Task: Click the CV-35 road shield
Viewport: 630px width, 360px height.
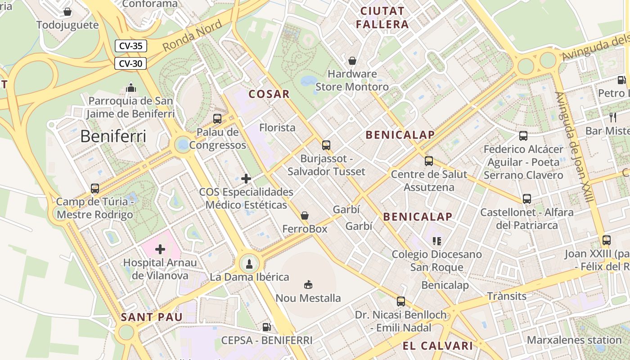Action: [131, 46]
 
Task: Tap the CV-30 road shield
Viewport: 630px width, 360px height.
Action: [131, 63]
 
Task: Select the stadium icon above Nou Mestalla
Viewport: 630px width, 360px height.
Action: [308, 284]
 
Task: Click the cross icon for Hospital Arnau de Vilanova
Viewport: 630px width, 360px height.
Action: [160, 249]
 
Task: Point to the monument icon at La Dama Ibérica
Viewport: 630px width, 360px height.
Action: [249, 264]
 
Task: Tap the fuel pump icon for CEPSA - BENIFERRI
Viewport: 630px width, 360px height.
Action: [267, 327]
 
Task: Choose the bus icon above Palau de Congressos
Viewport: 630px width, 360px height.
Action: [217, 119]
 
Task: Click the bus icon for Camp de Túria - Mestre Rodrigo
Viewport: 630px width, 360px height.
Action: [95, 189]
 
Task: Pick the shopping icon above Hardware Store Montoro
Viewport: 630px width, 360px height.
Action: [352, 60]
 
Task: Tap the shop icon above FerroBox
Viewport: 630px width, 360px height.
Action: [305, 216]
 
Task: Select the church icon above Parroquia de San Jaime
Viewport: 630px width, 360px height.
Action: [131, 87]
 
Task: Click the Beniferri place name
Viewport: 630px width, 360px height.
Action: [113, 136]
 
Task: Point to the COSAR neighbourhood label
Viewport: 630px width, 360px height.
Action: [269, 94]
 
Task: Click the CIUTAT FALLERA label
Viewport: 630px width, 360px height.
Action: [382, 18]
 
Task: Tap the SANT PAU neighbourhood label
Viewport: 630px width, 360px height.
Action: [152, 317]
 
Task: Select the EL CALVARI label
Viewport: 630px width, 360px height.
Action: [438, 346]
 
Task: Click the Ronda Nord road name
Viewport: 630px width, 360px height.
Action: [192, 36]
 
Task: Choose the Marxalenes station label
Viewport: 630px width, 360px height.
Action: [574, 340]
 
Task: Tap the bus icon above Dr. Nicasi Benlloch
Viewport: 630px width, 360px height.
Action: [401, 301]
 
